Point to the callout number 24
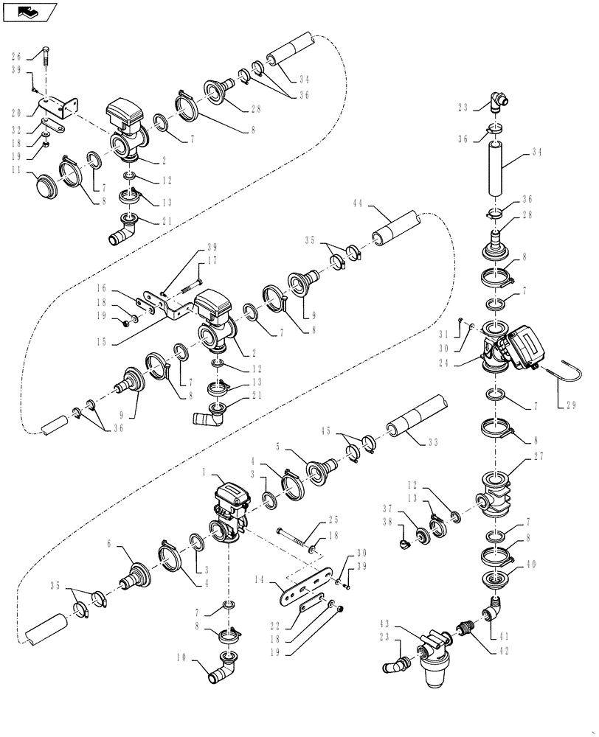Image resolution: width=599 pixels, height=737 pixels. tap(463, 362)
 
